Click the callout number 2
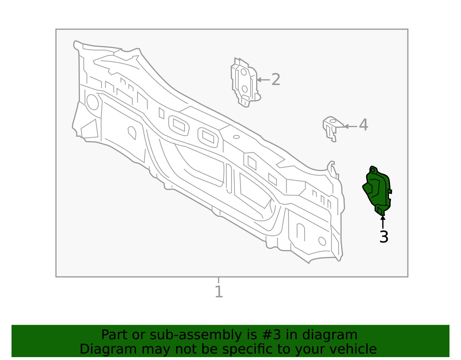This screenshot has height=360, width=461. pos(276,80)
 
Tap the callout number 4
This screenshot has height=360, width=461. pos(364,125)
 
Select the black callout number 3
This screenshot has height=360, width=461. pos(384,237)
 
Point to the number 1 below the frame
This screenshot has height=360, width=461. pos(219,291)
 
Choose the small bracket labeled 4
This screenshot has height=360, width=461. pos(333,129)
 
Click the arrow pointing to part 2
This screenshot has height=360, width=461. pos(263,80)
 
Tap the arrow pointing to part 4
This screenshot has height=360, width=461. pos(350,127)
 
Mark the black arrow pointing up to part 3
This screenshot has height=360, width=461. pos(383,222)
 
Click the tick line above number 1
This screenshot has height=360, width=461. pos(218,280)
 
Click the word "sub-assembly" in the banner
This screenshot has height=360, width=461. pos(196,335)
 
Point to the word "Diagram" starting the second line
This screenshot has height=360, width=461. pos(108,349)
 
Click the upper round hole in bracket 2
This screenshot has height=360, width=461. pos(243,72)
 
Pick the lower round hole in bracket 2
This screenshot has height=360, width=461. pos(245,89)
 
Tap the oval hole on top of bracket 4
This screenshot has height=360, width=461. pos(333,121)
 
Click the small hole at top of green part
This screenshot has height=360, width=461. pos(373,170)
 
